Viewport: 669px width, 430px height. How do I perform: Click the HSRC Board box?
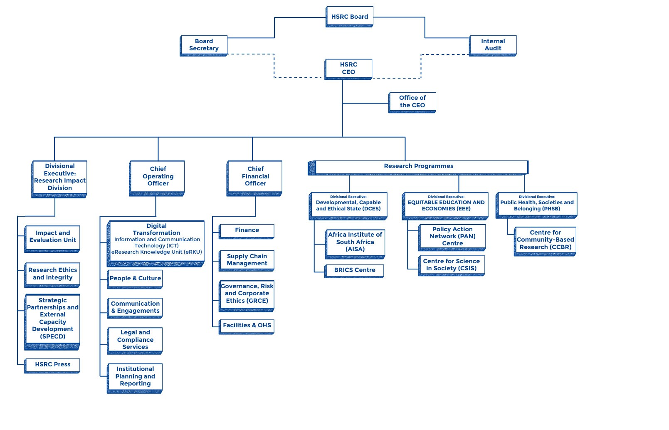click(x=349, y=17)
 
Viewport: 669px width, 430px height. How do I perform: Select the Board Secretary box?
click(x=204, y=46)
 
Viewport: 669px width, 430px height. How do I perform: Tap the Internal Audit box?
click(x=493, y=46)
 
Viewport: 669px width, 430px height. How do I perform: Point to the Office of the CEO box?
click(x=412, y=102)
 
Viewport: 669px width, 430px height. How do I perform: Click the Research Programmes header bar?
click(x=418, y=168)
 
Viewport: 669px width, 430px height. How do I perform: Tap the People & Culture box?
click(x=135, y=279)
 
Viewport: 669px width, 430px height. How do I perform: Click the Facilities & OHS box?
click(x=247, y=327)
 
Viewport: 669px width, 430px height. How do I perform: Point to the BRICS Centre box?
click(x=354, y=271)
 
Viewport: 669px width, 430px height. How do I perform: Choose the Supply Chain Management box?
click(x=247, y=261)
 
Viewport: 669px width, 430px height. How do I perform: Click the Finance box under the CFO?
click(x=247, y=231)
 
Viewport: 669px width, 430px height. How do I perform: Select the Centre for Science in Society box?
click(x=451, y=265)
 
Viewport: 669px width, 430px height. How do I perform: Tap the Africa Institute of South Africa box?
click(x=355, y=244)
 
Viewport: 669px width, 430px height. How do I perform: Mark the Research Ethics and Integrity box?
click(x=52, y=275)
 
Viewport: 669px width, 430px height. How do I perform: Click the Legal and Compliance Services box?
click(x=135, y=341)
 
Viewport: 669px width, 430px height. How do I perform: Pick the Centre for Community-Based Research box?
click(x=545, y=241)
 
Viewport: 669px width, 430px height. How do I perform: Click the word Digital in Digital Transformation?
click(x=156, y=226)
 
